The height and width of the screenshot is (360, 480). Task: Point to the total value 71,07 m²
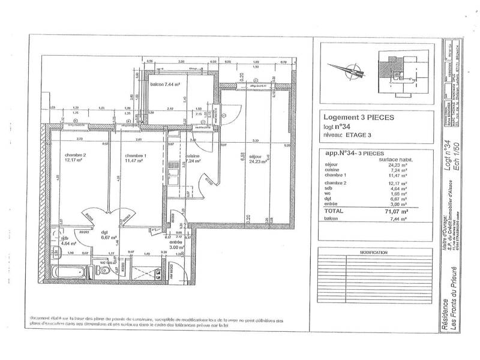coord(396,212)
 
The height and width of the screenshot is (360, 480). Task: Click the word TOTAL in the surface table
coord(334,212)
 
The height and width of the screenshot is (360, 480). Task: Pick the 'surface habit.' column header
coord(394,159)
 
